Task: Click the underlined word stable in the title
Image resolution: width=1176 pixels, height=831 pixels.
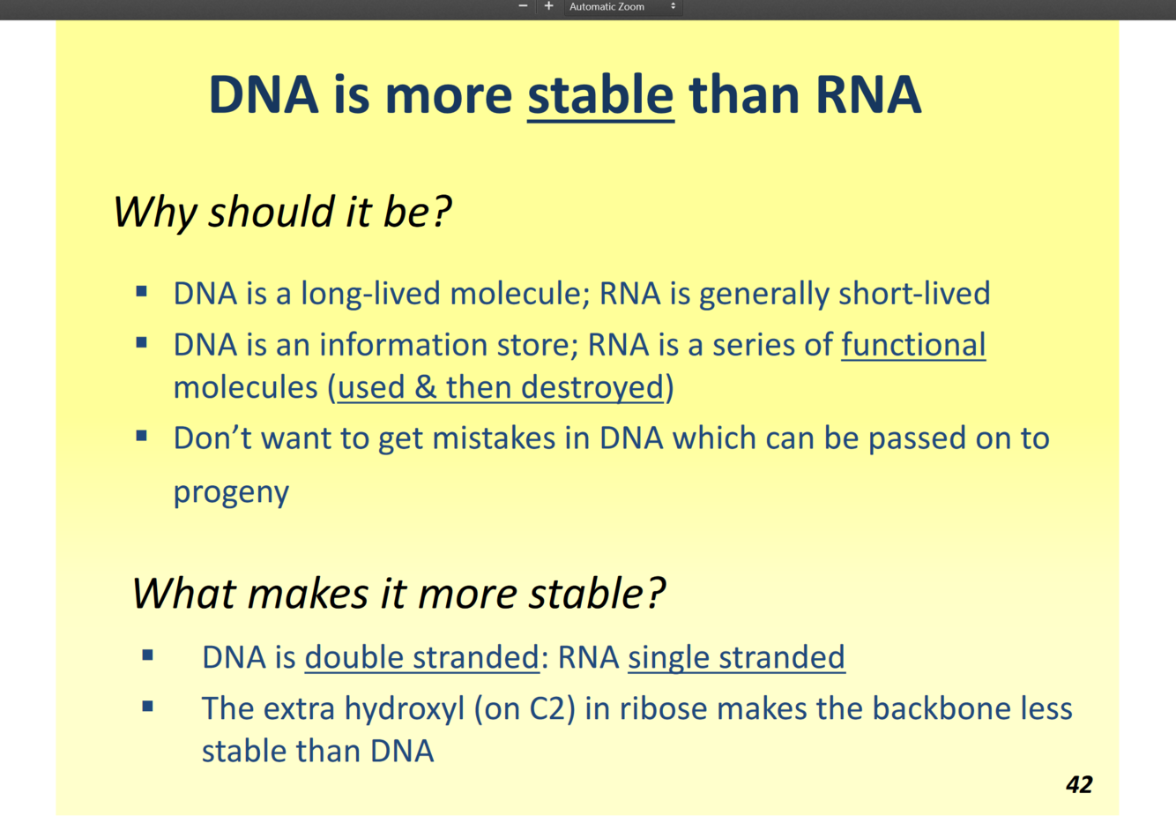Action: pyautogui.click(x=600, y=95)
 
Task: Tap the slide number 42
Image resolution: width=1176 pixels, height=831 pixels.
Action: pyautogui.click(x=1079, y=784)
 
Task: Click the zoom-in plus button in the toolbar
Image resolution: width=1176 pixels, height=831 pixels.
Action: pyautogui.click(x=548, y=6)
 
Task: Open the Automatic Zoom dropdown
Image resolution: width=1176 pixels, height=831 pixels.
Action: pyautogui.click(x=623, y=7)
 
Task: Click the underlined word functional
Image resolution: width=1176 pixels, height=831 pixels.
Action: pyautogui.click(x=913, y=345)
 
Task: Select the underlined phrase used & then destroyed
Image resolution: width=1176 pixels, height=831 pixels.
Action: pyautogui.click(x=501, y=387)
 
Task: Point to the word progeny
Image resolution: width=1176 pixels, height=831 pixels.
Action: pyautogui.click(x=231, y=493)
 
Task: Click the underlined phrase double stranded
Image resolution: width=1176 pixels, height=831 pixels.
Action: pyautogui.click(x=422, y=657)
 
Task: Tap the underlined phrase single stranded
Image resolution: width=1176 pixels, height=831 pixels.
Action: pyautogui.click(x=737, y=657)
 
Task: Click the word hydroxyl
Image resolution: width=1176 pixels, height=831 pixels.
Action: pyautogui.click(x=405, y=709)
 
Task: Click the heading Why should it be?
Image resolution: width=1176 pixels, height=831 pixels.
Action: pyautogui.click(x=282, y=213)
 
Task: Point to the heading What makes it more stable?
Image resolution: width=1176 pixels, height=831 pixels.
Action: pyautogui.click(x=399, y=594)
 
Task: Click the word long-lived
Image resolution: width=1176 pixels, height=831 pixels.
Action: pyautogui.click(x=370, y=294)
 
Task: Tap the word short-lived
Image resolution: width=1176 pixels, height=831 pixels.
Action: pyautogui.click(x=914, y=293)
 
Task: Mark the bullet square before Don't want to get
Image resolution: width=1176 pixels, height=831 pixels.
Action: pyautogui.click(x=141, y=436)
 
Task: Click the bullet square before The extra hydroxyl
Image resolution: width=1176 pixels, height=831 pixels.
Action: pyautogui.click(x=147, y=706)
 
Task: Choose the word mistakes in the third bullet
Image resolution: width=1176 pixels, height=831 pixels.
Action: pyautogui.click(x=494, y=438)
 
